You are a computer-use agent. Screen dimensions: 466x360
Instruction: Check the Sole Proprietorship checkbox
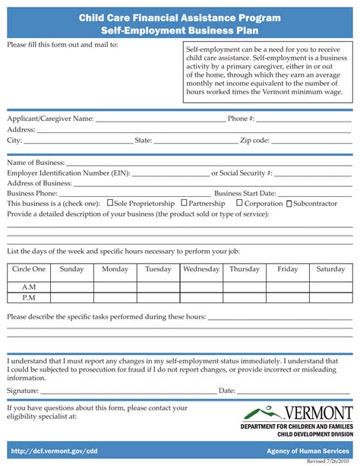[x=109, y=204]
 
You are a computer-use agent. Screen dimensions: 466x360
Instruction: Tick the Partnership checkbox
[x=184, y=204]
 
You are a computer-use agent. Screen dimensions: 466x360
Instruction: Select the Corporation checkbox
[x=239, y=204]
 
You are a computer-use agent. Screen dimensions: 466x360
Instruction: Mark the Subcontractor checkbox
[x=289, y=204]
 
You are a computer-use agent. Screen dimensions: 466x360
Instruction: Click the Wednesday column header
[x=201, y=269]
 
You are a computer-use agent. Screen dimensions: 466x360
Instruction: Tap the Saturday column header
[x=330, y=269]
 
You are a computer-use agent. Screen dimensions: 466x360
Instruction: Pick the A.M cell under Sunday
[x=71, y=287]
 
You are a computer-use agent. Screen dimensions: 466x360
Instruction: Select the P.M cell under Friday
[x=287, y=297]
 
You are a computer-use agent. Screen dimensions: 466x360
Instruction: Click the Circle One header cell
[x=29, y=269]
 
